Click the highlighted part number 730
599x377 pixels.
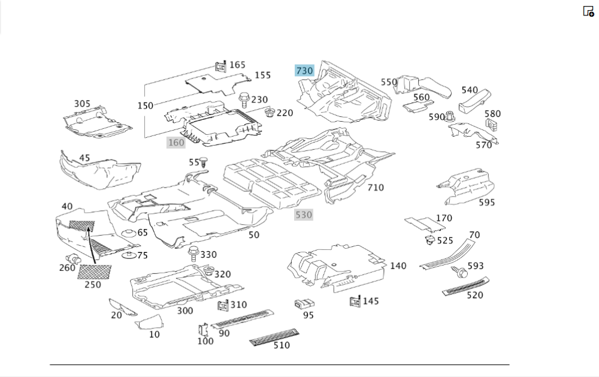pyautogui.click(x=304, y=71)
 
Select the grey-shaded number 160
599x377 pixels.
pyautogui.click(x=176, y=143)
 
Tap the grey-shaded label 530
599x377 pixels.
pyautogui.click(x=304, y=215)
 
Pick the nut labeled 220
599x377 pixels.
pyautogui.click(x=270, y=112)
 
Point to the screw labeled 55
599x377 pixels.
pyautogui.click(x=205, y=162)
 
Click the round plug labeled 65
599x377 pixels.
pyautogui.click(x=127, y=233)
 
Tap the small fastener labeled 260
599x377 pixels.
pyautogui.click(x=75, y=259)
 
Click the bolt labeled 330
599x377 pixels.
pyautogui.click(x=193, y=254)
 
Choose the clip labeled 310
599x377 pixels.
pyautogui.click(x=223, y=306)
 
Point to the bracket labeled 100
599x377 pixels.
pyautogui.click(x=203, y=330)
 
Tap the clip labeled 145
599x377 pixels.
pyautogui.click(x=355, y=301)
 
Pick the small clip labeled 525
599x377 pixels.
pyautogui.click(x=429, y=240)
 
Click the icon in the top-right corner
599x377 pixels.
pyautogui.click(x=588, y=11)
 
